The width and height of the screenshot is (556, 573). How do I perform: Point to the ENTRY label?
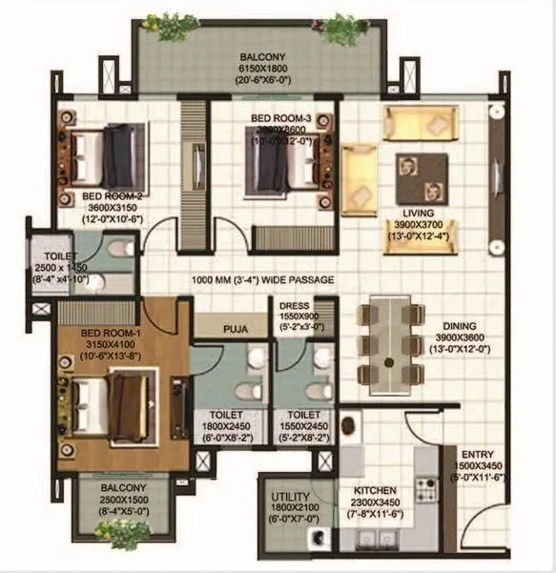coord(477,454)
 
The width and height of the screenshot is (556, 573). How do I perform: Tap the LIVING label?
coord(419,214)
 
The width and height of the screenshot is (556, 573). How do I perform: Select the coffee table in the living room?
coord(419,175)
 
